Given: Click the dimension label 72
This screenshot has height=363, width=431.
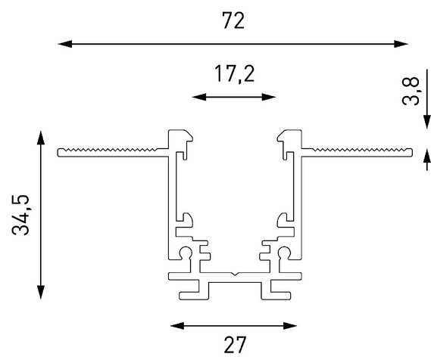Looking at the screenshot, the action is pyautogui.click(x=233, y=20).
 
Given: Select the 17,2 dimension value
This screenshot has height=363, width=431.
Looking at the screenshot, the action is pyautogui.click(x=235, y=74).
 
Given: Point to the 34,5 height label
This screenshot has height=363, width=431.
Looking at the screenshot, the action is pyautogui.click(x=20, y=215).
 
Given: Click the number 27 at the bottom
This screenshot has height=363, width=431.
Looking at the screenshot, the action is pyautogui.click(x=235, y=345).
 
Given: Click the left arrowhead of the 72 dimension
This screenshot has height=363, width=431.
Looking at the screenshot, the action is pyautogui.click(x=65, y=44).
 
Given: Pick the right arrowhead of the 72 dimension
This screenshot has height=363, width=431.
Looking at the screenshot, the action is pyautogui.click(x=401, y=44).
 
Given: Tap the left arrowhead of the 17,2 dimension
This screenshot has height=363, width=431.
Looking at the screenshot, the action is pyautogui.click(x=199, y=97).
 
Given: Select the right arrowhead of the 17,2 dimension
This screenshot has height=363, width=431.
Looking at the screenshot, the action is pyautogui.click(x=269, y=97).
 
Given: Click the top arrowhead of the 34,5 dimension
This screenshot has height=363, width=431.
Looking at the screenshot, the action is pyautogui.click(x=41, y=138).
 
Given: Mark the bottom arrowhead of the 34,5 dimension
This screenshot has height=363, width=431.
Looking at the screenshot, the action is pyautogui.click(x=41, y=292).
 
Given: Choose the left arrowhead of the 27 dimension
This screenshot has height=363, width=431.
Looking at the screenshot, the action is pyautogui.click(x=177, y=326).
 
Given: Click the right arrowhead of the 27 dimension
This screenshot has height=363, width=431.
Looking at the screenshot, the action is pyautogui.click(x=290, y=326).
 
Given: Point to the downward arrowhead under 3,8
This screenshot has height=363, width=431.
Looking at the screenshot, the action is pyautogui.click(x=427, y=122).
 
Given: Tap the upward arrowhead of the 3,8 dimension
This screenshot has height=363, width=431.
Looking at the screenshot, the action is pyautogui.click(x=427, y=156).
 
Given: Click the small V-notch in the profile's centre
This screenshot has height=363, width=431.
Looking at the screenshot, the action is pyautogui.click(x=235, y=274).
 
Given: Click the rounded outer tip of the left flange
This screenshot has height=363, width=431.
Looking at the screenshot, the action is pyautogui.click(x=58, y=153).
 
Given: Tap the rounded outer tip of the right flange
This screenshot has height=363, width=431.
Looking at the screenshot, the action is pyautogui.click(x=412, y=153).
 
